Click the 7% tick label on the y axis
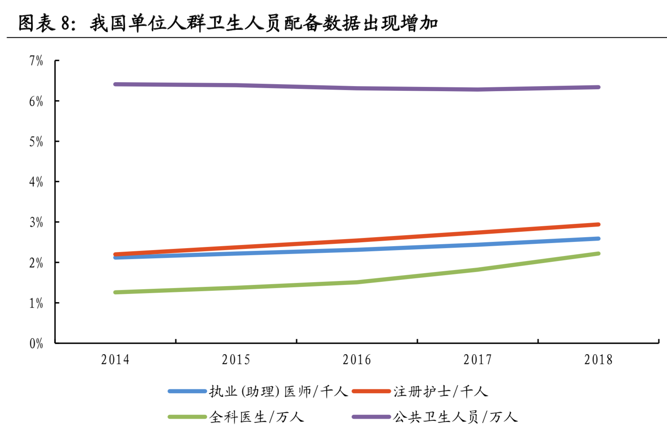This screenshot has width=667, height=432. coord(36,61)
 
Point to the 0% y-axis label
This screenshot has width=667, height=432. coord(36,344)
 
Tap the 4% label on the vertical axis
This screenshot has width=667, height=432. coord(36,182)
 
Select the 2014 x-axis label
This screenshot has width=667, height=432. coord(115,360)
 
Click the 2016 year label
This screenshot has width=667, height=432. coord(357,360)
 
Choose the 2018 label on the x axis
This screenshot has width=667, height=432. coord(598,360)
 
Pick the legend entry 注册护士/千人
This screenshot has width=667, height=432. coord(441,391)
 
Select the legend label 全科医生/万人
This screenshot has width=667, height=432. coord(256,417)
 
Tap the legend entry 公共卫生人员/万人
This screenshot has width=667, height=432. coord(455,417)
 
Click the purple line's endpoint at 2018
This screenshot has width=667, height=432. coord(598,87)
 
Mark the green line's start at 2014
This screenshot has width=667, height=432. coord(116,292)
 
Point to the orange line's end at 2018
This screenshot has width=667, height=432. coord(598,225)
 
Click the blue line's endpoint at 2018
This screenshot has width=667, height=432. coord(598,239)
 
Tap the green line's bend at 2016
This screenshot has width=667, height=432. coord(357,282)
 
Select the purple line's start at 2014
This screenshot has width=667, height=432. coord(116,84)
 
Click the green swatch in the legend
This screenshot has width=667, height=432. coord(187,417)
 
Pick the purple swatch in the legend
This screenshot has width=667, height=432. coord(371,417)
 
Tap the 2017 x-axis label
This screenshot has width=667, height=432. coord(477,360)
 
